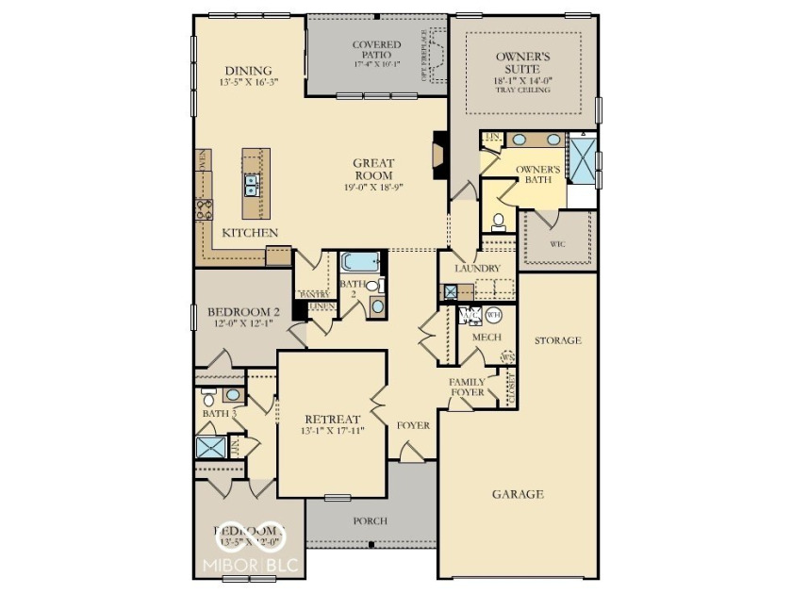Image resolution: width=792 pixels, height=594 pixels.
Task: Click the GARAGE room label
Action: click(x=518, y=494)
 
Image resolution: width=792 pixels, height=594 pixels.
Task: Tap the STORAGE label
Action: click(x=557, y=340)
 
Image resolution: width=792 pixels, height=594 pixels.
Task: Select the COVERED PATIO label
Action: click(x=376, y=51)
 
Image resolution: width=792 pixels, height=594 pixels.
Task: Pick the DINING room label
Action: click(x=249, y=71)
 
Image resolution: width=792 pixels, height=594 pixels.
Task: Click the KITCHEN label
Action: click(x=250, y=232)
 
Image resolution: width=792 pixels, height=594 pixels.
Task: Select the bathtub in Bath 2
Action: click(x=359, y=261)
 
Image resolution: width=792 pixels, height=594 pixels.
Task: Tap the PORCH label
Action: click(x=370, y=520)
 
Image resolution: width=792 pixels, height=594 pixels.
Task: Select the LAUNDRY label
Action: click(x=477, y=269)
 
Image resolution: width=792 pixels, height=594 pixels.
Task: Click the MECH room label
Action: click(x=486, y=337)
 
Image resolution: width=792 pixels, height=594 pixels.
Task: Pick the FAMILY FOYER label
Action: click(x=467, y=386)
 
